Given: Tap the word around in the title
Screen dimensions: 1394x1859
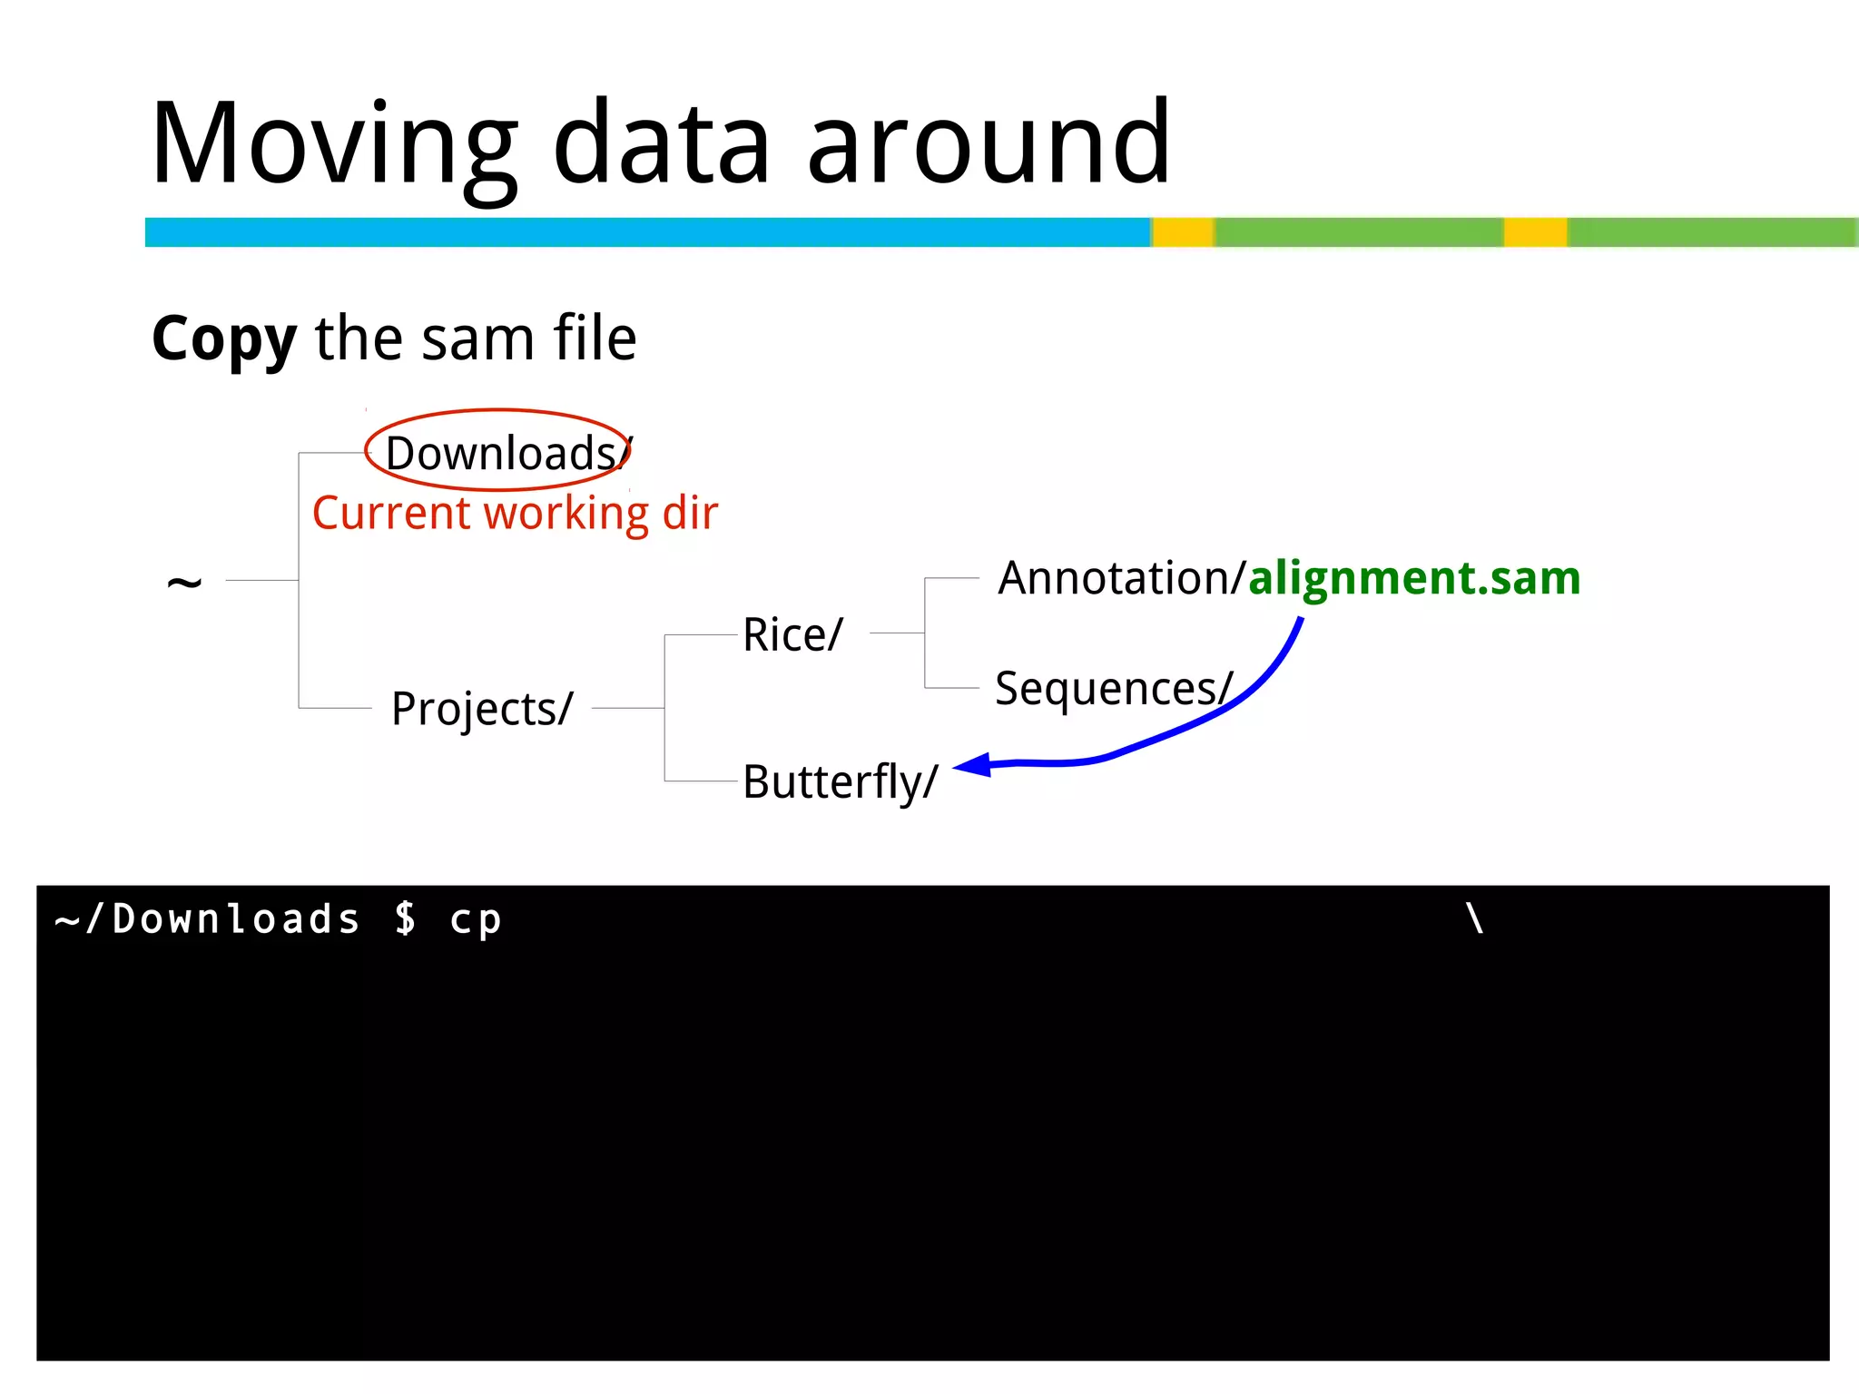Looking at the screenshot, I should [x=989, y=145].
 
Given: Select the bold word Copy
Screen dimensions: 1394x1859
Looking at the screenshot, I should [x=224, y=339].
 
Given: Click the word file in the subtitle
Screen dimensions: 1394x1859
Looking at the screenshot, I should [x=595, y=338].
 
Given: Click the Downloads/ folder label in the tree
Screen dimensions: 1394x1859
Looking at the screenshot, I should [x=504, y=453].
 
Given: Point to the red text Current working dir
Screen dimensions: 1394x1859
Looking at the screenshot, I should [x=515, y=514].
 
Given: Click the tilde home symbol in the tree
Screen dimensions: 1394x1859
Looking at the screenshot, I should [x=184, y=582].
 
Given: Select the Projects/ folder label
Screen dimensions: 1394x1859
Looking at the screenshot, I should [x=482, y=708].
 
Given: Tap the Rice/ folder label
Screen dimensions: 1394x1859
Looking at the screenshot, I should [x=792, y=634].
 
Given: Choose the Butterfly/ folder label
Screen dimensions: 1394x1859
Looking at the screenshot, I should [x=840, y=781].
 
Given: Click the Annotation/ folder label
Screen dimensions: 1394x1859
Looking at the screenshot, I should [x=1120, y=578].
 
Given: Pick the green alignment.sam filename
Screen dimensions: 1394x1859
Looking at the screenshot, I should [x=1414, y=578].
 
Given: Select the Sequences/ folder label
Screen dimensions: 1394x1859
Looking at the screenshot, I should [x=1114, y=688].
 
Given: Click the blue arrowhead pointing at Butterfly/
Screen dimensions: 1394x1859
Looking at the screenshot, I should [x=974, y=765].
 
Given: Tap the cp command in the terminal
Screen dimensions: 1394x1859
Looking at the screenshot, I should [x=476, y=920].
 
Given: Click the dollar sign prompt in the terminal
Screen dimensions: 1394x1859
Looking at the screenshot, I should [x=405, y=918].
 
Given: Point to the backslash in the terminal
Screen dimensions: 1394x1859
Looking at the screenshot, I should [x=1475, y=918].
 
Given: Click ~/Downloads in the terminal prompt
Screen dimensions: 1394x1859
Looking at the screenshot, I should [x=208, y=918].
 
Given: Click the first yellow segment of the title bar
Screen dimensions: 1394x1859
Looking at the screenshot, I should [x=1184, y=232].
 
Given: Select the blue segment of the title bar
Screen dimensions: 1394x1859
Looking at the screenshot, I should [x=647, y=232].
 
